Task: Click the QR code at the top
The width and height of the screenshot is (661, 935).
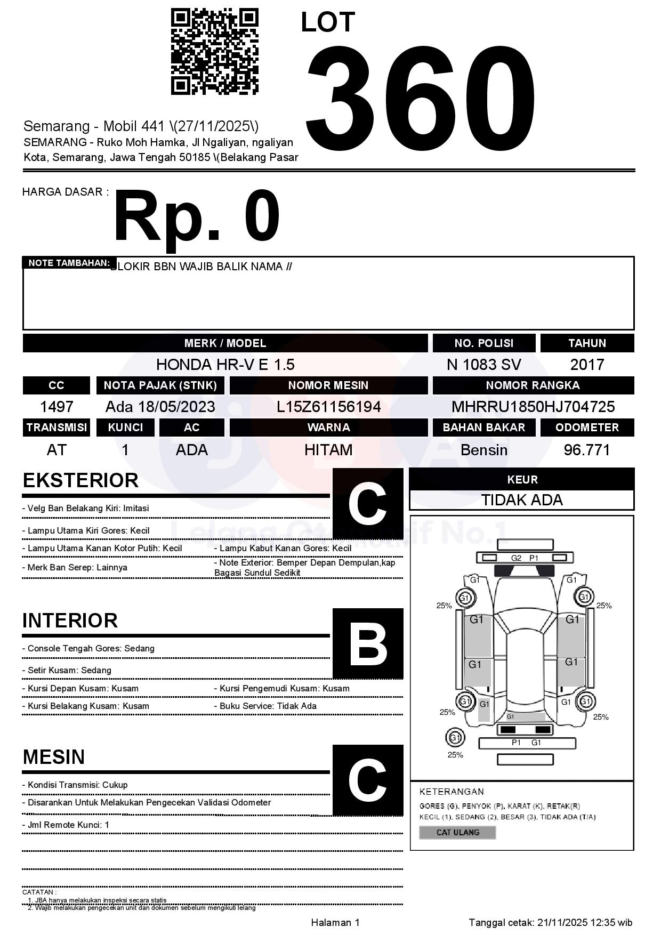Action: (x=214, y=51)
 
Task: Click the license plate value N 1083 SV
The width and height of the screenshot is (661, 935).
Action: (x=483, y=365)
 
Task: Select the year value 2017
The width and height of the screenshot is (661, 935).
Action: (x=587, y=365)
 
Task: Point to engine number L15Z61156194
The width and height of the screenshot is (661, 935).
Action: (x=328, y=407)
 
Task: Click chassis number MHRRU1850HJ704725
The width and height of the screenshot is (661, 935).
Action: (x=533, y=407)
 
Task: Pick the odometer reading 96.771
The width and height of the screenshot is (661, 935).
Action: (x=587, y=450)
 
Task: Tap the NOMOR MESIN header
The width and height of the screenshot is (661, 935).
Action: (x=328, y=385)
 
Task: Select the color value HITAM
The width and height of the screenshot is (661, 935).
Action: (x=328, y=450)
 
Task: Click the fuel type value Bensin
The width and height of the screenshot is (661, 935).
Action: (x=483, y=450)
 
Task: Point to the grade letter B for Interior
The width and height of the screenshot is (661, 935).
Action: (x=368, y=644)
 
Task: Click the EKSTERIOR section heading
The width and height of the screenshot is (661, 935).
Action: (x=80, y=480)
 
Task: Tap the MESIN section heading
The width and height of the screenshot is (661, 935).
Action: (x=54, y=757)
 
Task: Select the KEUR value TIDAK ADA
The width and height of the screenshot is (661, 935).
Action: (x=522, y=500)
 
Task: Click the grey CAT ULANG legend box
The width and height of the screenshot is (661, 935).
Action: (x=457, y=832)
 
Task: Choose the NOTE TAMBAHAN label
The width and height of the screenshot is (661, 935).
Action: (x=69, y=263)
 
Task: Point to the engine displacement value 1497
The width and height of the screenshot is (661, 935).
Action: (x=57, y=407)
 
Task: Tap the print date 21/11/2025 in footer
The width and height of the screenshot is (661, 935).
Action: (x=562, y=923)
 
